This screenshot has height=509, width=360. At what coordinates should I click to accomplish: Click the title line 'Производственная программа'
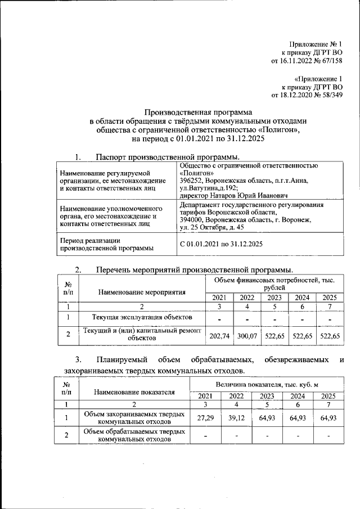(x=199, y=112)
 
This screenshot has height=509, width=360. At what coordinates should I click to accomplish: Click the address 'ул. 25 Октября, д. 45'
(x=213, y=227)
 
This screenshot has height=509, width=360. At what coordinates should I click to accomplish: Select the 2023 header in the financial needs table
(x=274, y=298)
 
